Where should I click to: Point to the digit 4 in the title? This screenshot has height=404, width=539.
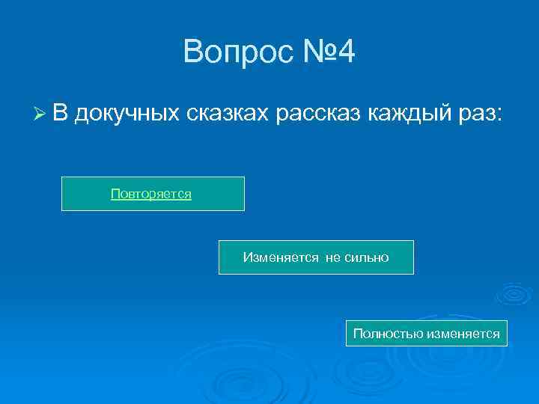[347, 52]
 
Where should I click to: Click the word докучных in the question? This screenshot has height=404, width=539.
[127, 114]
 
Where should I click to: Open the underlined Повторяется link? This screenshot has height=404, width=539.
[151, 194]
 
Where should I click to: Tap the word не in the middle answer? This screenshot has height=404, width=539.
[332, 257]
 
